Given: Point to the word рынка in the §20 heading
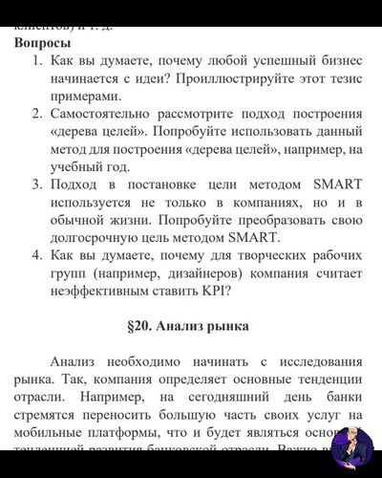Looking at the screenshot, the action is (226, 326).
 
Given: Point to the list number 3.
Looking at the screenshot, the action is (35, 183).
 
